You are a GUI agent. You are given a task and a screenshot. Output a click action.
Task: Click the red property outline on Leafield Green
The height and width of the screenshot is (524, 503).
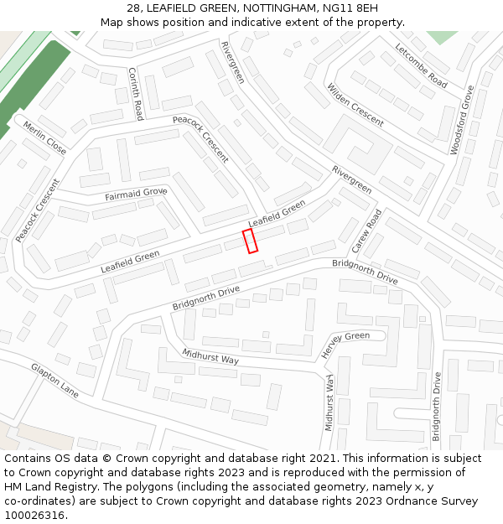click(x=250, y=241)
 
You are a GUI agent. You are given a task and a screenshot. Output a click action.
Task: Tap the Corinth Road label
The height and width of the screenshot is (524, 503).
click(x=136, y=93)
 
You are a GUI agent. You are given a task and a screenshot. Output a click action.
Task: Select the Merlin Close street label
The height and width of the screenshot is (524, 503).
click(x=44, y=137)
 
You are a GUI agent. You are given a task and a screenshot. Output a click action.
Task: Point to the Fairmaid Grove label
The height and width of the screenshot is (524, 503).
click(x=136, y=195)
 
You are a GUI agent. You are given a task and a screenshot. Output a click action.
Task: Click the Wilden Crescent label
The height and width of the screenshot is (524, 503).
click(x=355, y=105)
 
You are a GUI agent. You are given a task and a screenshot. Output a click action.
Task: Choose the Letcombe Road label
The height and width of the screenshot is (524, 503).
click(x=421, y=65)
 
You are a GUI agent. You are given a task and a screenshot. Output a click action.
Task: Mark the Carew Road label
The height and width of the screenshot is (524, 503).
click(x=366, y=231)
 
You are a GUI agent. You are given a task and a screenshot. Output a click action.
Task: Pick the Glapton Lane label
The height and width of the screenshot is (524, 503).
click(x=54, y=381)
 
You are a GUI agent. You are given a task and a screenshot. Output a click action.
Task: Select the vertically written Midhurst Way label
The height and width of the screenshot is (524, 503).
click(x=329, y=403)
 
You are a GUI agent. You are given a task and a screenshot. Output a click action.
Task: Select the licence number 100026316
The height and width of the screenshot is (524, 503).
click(x=34, y=516)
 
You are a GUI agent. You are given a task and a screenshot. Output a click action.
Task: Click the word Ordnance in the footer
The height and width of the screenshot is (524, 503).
click(x=408, y=501)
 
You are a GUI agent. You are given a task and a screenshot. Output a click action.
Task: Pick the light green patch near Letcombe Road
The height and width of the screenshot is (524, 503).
click(x=442, y=37)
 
